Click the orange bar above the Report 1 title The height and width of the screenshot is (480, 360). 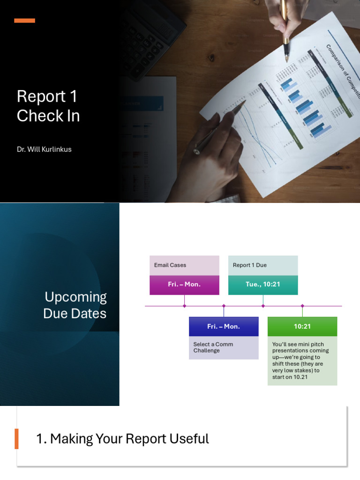(24, 21)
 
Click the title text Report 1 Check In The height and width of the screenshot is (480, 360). (48, 106)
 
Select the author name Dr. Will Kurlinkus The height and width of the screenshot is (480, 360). (44, 150)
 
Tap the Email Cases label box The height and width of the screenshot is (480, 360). (184, 265)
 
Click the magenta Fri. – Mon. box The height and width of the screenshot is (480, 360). (184, 285)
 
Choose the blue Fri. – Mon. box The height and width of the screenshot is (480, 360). (224, 326)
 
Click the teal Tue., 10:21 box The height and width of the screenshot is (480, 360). (263, 285)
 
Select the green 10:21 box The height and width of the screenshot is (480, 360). (302, 326)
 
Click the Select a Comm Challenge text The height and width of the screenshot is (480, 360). (213, 347)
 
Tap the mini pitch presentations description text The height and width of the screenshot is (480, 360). (300, 360)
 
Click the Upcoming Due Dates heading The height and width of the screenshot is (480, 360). (75, 305)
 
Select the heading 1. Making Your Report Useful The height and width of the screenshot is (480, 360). (122, 439)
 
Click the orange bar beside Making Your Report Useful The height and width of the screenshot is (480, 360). (17, 439)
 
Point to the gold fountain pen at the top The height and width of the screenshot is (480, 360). (285, 28)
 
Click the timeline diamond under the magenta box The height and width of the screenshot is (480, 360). (184, 306)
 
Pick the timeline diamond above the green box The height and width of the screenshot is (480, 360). (302, 306)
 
